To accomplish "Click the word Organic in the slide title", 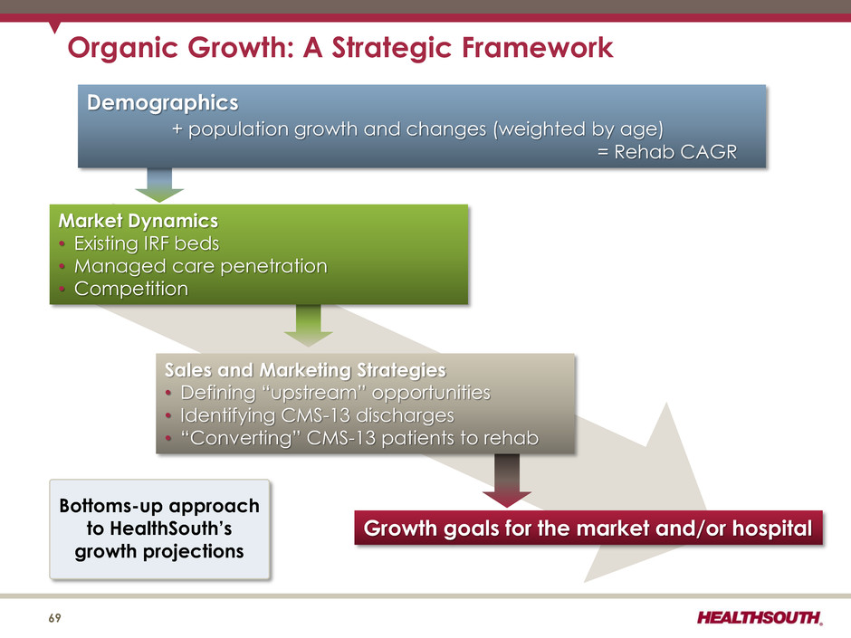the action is (122, 48).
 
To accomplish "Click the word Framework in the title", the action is (537, 47).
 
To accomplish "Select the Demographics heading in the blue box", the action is (163, 103).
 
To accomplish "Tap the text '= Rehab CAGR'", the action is (667, 152).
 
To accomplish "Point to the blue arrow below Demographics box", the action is (159, 185).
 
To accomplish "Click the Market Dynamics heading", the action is (139, 221).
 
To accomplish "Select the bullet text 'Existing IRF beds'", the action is (147, 243).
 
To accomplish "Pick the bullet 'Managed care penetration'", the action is (201, 266).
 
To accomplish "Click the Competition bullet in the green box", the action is (131, 289).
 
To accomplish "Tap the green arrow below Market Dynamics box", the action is (309, 325).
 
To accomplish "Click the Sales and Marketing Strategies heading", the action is (305, 370).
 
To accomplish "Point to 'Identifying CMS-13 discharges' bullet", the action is (317, 415).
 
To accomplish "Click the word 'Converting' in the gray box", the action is (241, 438).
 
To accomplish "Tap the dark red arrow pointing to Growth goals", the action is (506, 481).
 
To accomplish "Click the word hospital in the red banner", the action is (772, 528).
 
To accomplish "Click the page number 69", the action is (55, 618).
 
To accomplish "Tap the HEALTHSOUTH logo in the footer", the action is (760, 617).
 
